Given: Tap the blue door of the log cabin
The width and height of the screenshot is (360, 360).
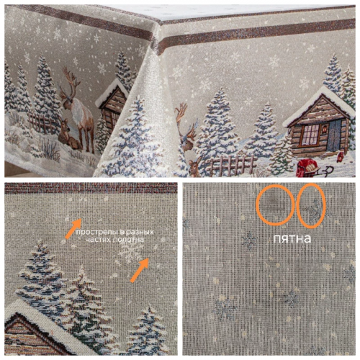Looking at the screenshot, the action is pyautogui.click(x=334, y=135).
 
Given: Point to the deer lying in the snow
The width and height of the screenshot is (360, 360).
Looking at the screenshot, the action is pyautogui.click(x=68, y=135).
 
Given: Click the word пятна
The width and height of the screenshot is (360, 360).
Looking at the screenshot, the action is pyautogui.click(x=292, y=239).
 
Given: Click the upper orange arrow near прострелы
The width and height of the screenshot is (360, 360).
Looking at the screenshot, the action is pyautogui.click(x=73, y=228).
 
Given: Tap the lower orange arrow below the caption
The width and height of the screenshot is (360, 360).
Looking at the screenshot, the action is pyautogui.click(x=140, y=270).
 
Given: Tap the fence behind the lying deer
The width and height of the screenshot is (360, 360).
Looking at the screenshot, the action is pyautogui.click(x=42, y=123).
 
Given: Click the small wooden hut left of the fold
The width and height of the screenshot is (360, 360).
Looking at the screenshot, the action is pyautogui.click(x=112, y=106).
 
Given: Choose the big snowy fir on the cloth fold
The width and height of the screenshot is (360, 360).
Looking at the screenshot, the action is pyautogui.click(x=135, y=139).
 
